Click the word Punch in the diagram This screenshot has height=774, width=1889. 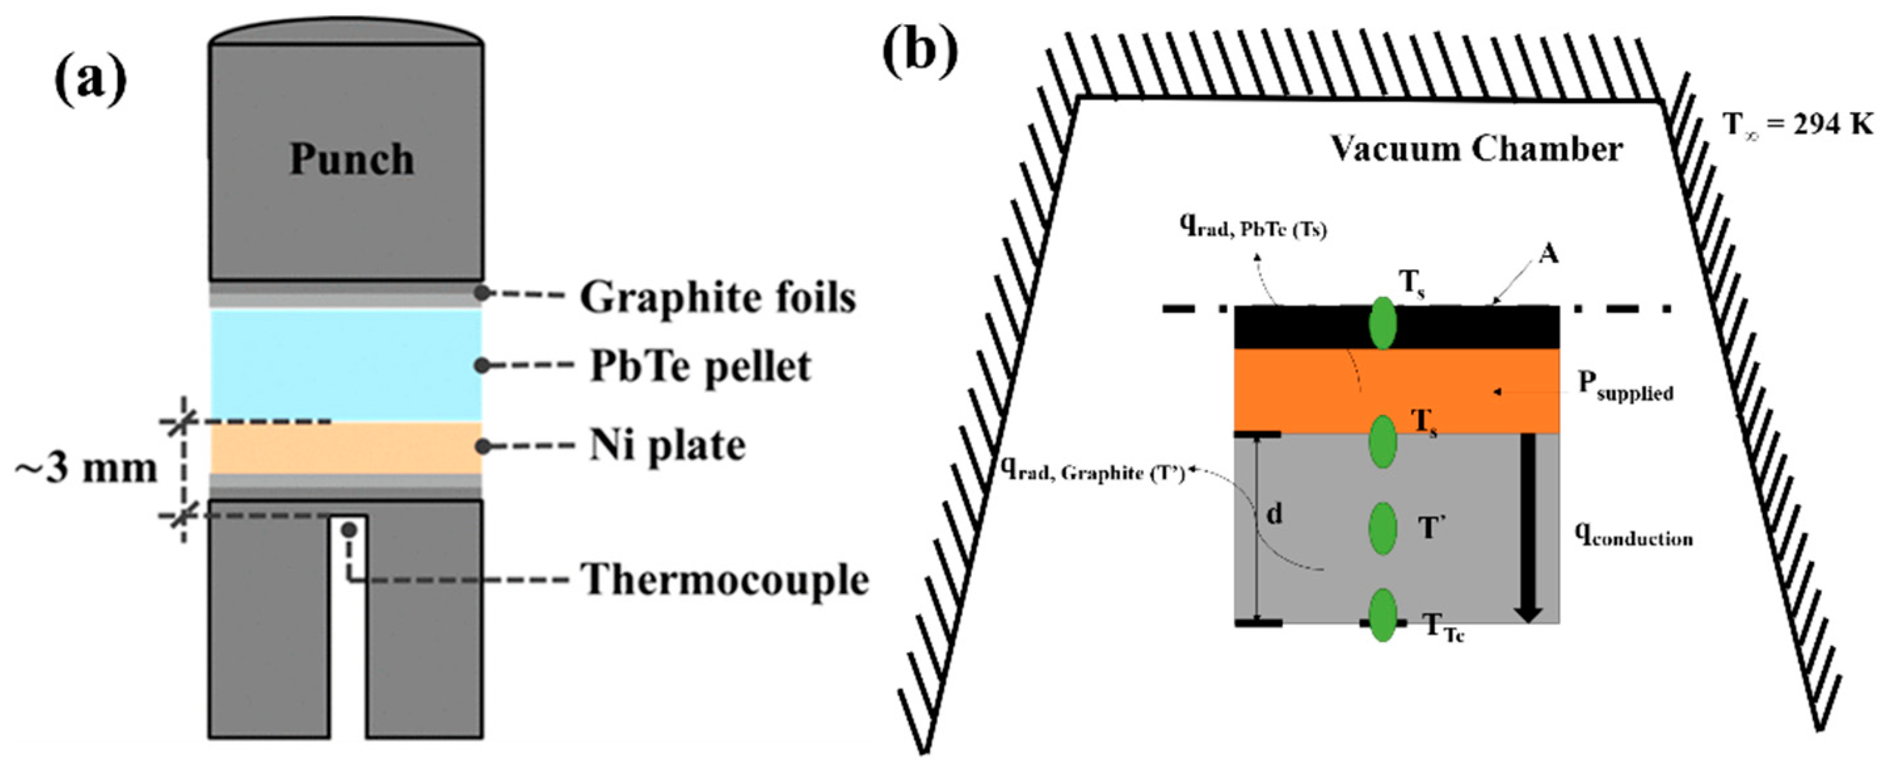[x=352, y=159]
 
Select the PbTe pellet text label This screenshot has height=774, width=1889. [x=701, y=366]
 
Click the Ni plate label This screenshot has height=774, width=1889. [x=667, y=446]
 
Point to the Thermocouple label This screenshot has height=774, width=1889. [x=725, y=580]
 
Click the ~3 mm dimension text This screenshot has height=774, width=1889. [x=87, y=469]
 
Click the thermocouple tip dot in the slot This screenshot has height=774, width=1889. [x=350, y=529]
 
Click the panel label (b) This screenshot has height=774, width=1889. [x=920, y=50]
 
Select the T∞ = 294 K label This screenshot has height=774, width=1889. [x=1797, y=125]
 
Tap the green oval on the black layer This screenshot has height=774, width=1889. [x=1383, y=322]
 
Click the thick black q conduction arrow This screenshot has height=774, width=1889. [x=1528, y=528]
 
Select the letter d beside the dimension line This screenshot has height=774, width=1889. [x=1274, y=514]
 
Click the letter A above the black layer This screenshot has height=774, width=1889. [x=1548, y=254]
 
